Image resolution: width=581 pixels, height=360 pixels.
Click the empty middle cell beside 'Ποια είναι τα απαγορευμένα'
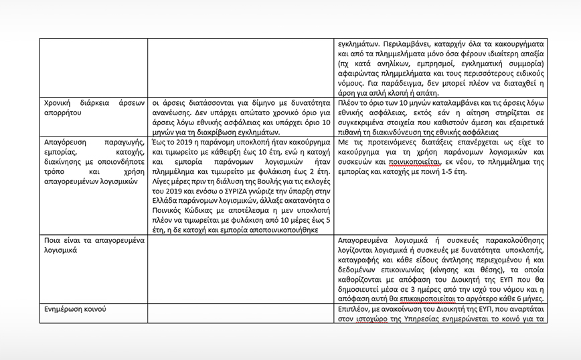[242, 268]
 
